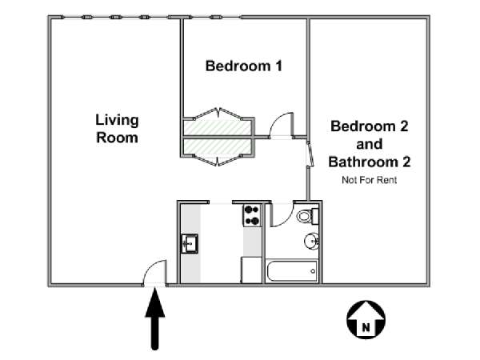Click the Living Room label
tap(117, 129)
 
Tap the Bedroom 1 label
tap(244, 66)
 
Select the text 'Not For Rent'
tap(369, 180)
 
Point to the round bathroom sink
tap(312, 241)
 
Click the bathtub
tap(292, 271)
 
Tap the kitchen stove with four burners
tap(252, 215)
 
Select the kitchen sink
tap(190, 243)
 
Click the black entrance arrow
tap(155, 319)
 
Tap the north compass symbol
tap(366, 320)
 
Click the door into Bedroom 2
tap(310, 154)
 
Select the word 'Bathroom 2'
tap(369, 162)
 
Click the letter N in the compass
tap(366, 327)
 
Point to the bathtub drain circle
tap(313, 271)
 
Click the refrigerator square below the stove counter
tap(251, 270)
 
